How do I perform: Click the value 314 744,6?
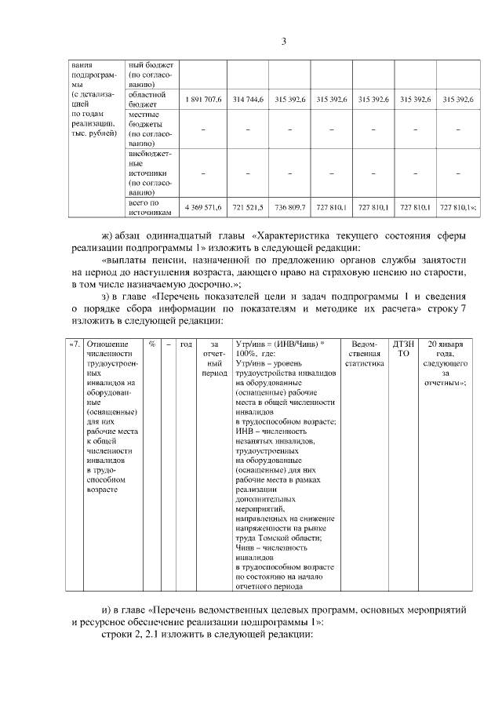[x=248, y=100]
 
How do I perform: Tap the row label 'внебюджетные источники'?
[x=148, y=172]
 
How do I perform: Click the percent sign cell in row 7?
[x=151, y=344]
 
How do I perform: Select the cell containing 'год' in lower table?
[x=186, y=344]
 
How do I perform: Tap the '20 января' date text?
[x=445, y=344]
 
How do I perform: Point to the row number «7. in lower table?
[x=75, y=344]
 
